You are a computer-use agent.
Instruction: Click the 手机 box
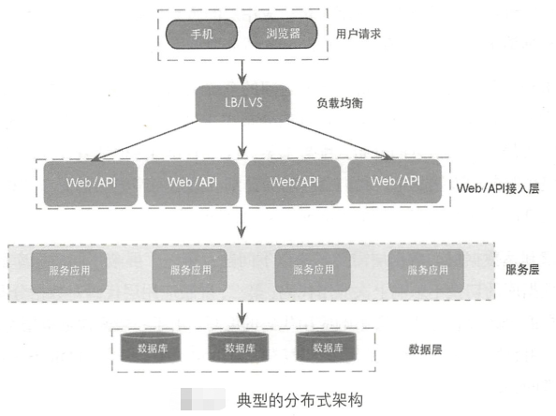click(202, 34)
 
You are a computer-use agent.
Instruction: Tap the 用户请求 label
click(358, 34)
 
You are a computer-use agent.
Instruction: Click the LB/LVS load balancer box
click(242, 102)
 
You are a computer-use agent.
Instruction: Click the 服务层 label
click(521, 269)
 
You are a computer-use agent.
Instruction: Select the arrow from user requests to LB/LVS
click(243, 71)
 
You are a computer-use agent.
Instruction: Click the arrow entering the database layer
click(243, 312)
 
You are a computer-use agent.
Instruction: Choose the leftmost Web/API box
click(90, 182)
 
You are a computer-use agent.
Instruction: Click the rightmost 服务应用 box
click(426, 270)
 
